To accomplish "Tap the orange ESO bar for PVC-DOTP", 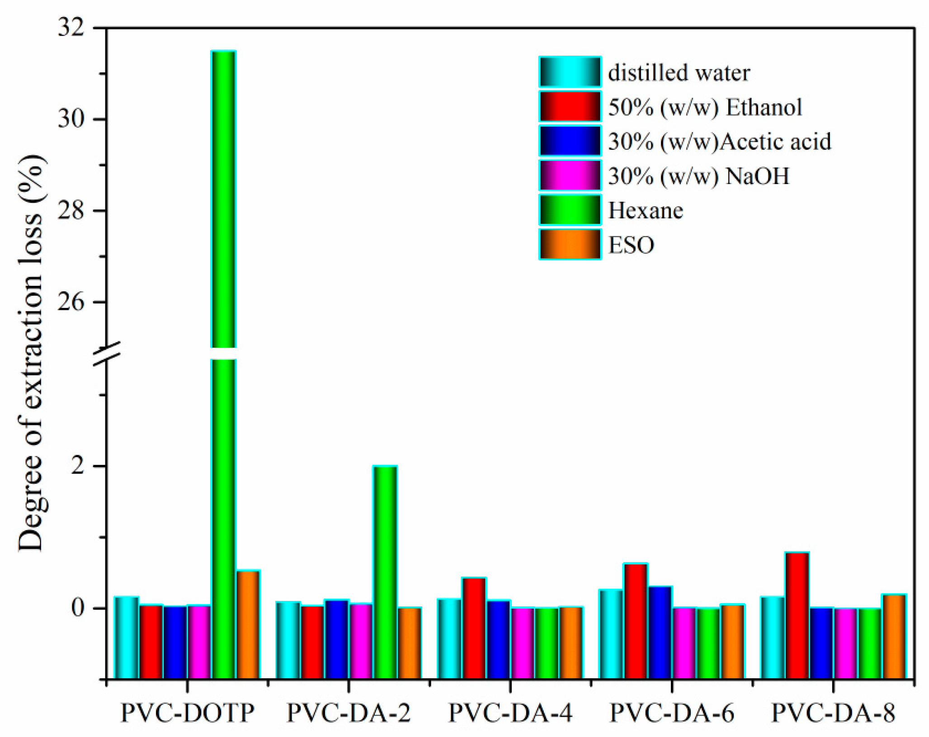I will pyautogui.click(x=248, y=624).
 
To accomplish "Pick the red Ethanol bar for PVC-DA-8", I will pyautogui.click(x=797, y=615).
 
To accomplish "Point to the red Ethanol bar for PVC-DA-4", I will pyautogui.click(x=473, y=628).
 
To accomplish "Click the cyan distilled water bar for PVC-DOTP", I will pyautogui.click(x=126, y=638).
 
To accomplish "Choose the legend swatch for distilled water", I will pyautogui.click(x=570, y=72).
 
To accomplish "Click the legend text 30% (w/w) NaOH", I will pyautogui.click(x=698, y=176).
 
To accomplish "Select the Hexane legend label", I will pyautogui.click(x=645, y=211).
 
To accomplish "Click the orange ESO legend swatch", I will pyautogui.click(x=570, y=245).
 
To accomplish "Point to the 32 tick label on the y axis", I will pyautogui.click(x=71, y=28).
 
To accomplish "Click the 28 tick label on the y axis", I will pyautogui.click(x=71, y=211).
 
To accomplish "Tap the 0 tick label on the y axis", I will pyautogui.click(x=78, y=608).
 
